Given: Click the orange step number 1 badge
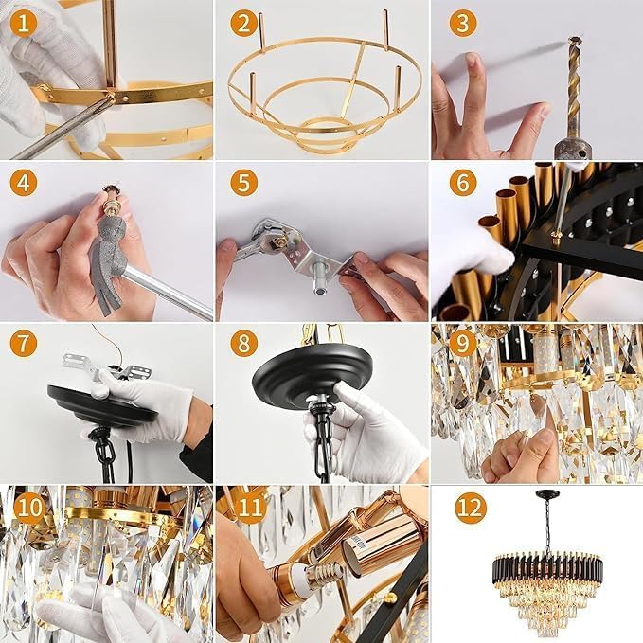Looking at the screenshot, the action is tap(24, 23).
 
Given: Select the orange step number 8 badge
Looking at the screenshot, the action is tap(244, 342).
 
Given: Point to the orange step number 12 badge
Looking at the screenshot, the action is tap(471, 509).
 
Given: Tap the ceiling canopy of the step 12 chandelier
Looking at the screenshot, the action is tap(547, 493).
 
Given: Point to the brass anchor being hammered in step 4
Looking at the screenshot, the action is tap(111, 196).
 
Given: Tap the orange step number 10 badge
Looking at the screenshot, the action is tap(30, 507).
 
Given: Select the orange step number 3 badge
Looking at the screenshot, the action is tap(463, 23).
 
